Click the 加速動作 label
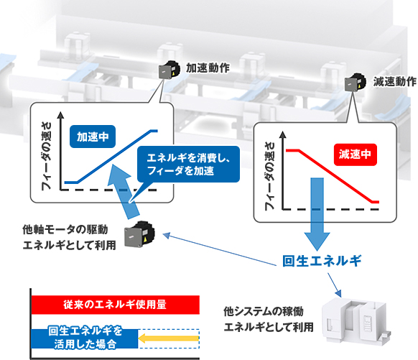point(208,68)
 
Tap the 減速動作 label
point(394,81)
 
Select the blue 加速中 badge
point(93,137)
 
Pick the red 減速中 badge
point(356,154)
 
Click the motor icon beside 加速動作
point(169,70)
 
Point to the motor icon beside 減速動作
point(355,83)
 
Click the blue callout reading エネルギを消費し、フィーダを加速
point(188,165)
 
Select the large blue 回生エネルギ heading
point(322,261)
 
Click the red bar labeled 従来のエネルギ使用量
point(116,305)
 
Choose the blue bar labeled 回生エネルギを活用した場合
point(85,338)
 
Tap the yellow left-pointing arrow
point(169,338)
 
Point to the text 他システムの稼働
point(264,311)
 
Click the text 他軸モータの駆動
point(65,230)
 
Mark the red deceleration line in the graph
point(333,176)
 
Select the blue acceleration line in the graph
point(111,157)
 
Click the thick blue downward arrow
point(317,213)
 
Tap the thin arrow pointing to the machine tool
point(334,285)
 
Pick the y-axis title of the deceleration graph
point(270,176)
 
